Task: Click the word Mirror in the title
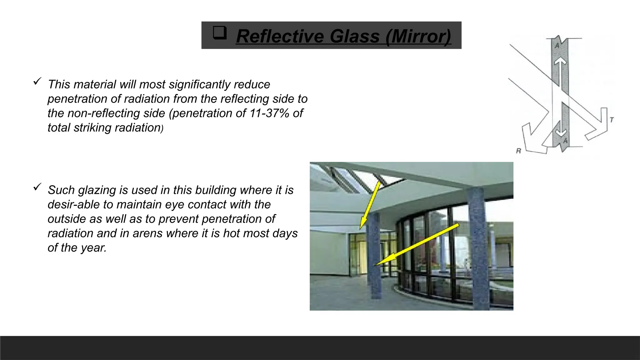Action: [419, 36]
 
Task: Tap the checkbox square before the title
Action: [219, 32]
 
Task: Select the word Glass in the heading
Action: [354, 36]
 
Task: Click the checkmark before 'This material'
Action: [37, 82]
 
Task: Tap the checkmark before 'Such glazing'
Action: [37, 187]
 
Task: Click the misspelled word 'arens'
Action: [147, 233]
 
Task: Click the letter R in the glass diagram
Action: [518, 151]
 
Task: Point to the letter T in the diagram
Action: [612, 119]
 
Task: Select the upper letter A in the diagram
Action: [557, 46]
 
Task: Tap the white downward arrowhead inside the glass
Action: [561, 133]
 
